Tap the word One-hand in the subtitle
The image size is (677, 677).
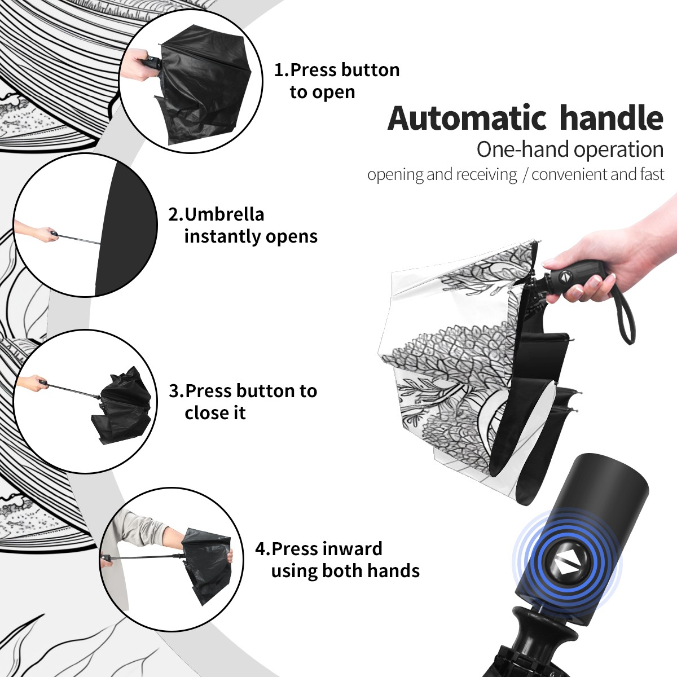point(523,150)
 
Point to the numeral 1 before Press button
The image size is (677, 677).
point(279,70)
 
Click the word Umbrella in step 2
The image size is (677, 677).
point(225,214)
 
